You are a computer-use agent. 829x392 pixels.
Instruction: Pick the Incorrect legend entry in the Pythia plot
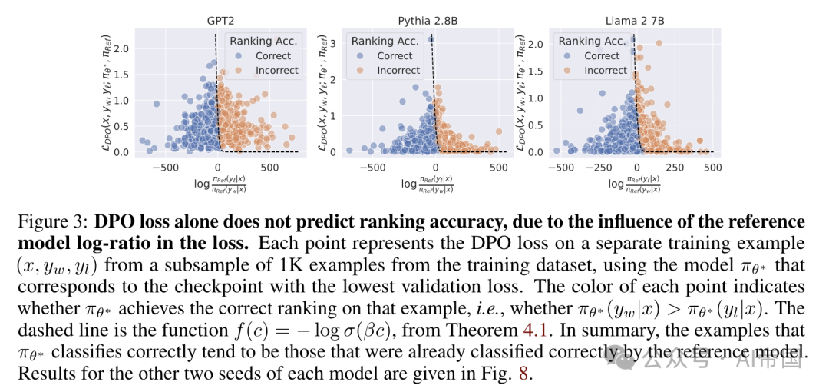pos(398,70)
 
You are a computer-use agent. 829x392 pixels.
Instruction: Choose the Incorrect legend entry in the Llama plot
pos(606,70)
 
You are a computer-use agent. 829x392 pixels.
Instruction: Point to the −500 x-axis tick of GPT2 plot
pos(162,167)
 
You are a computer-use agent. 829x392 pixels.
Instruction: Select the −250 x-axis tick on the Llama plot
pos(599,167)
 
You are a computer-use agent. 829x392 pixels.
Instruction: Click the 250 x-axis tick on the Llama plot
pos(674,167)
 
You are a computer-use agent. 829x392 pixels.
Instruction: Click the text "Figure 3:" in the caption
pos(53,222)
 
